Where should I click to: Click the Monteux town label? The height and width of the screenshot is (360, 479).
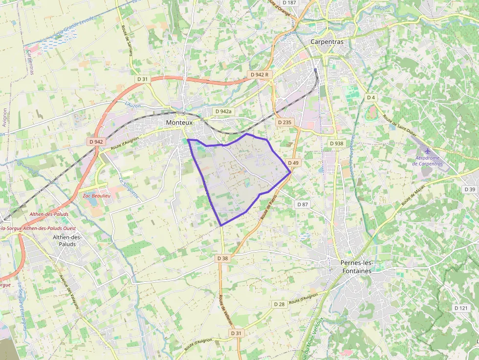pyautogui.click(x=179, y=123)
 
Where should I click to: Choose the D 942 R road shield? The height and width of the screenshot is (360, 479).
pyautogui.click(x=259, y=75)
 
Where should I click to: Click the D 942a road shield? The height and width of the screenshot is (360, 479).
pyautogui.click(x=224, y=111)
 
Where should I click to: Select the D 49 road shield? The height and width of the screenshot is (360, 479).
pyautogui.click(x=293, y=163)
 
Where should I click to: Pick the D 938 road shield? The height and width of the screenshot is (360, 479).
pyautogui.click(x=336, y=144)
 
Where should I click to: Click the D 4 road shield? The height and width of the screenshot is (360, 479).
pyautogui.click(x=371, y=98)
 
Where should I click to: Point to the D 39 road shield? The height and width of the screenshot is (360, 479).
pyautogui.click(x=469, y=189)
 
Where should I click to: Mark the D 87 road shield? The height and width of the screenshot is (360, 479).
pyautogui.click(x=303, y=204)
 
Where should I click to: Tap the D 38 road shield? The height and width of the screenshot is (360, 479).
pyautogui.click(x=222, y=258)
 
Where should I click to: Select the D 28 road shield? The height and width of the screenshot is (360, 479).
pyautogui.click(x=279, y=304)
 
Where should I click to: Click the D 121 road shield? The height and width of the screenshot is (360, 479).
pyautogui.click(x=461, y=308)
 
